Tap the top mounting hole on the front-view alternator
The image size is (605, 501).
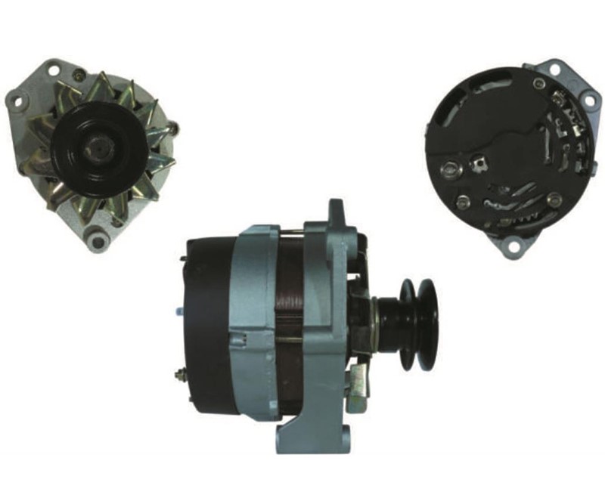pyautogui.click(x=54, y=71)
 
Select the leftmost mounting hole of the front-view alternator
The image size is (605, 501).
pyautogui.click(x=14, y=97)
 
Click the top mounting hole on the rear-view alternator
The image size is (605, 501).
pyautogui.click(x=555, y=69)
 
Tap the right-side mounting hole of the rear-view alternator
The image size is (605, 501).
pyautogui.click(x=587, y=97)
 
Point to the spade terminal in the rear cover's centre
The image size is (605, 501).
pyautogui.click(x=477, y=159)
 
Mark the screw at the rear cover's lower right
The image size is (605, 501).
pyautogui.click(x=555, y=199)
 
